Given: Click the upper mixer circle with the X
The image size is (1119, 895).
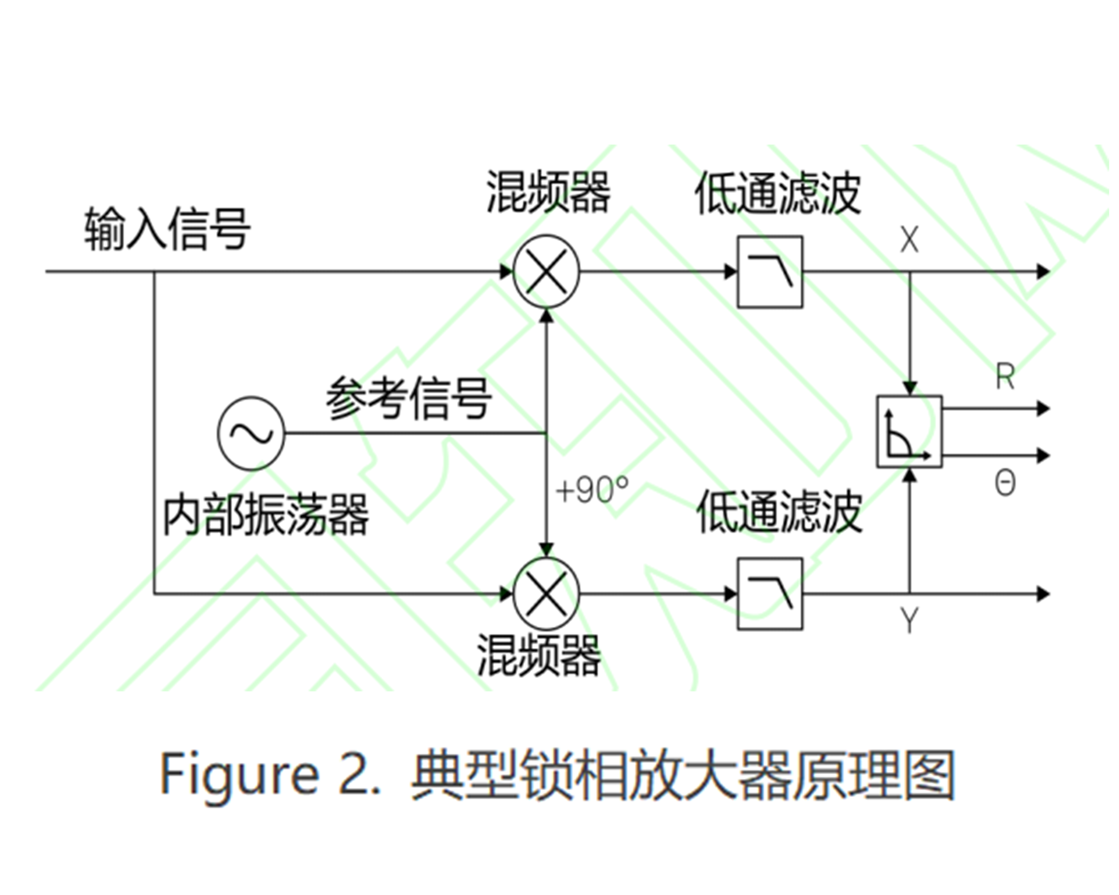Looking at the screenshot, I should tap(546, 271).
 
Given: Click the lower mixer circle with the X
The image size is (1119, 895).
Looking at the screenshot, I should tap(546, 593).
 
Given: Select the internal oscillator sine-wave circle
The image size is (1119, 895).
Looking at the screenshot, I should tap(251, 433).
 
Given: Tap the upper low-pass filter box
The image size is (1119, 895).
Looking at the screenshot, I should tap(770, 271).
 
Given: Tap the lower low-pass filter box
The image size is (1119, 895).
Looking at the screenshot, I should tap(770, 593).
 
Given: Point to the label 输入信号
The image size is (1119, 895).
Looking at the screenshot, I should tap(167, 229).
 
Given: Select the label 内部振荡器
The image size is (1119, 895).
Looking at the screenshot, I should tap(266, 515).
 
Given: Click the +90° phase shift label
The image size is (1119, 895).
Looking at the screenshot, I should tap(592, 489).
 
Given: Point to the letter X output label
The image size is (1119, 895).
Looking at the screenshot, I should tap(909, 240).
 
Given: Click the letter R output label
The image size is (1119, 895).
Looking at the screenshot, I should tap(1005, 376).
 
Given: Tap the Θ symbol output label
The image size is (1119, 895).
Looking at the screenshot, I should tap(1005, 484).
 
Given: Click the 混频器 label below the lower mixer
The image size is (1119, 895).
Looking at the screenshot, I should tap(539, 655).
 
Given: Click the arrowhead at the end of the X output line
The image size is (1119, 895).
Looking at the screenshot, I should tap(1042, 271).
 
